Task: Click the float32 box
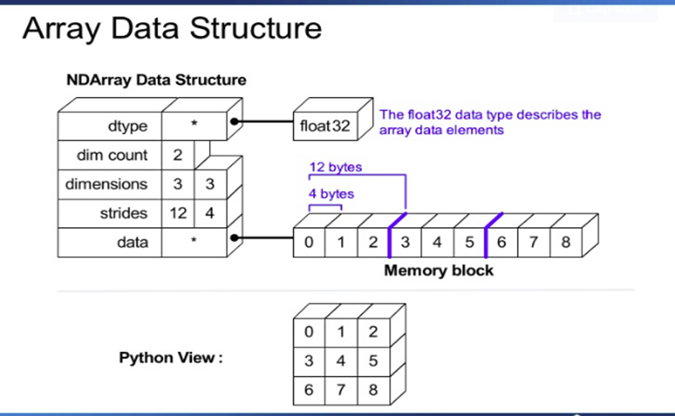click(325, 126)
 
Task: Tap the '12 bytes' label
click(335, 167)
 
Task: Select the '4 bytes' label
click(331, 194)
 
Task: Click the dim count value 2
click(177, 155)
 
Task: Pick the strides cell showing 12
click(177, 213)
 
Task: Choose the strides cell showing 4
click(210, 213)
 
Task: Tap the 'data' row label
click(132, 242)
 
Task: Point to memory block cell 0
click(309, 242)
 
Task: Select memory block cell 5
click(470, 242)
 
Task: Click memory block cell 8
click(566, 242)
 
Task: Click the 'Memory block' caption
click(439, 271)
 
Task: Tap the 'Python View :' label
click(171, 358)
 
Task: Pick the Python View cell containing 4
click(340, 361)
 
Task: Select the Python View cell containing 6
click(309, 390)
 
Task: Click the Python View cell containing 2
click(373, 333)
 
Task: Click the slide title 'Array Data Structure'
click(172, 29)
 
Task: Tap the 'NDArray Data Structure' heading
click(156, 80)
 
